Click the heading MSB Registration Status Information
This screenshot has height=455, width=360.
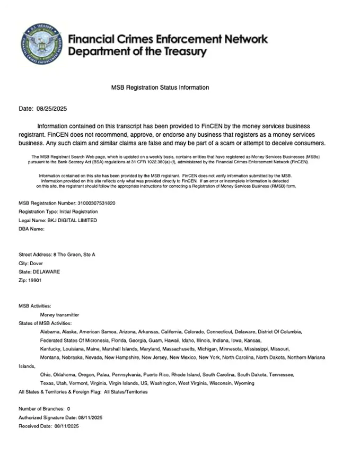(160, 87)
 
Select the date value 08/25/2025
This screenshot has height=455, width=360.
(51, 109)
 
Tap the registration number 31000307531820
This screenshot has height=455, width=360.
(96, 203)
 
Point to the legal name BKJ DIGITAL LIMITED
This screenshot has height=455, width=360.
(72, 220)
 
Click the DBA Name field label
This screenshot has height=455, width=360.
(31, 229)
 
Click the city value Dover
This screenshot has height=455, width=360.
(37, 264)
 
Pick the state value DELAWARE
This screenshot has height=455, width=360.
(46, 272)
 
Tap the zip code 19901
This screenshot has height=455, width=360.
(35, 281)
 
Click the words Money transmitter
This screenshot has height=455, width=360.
(59, 314)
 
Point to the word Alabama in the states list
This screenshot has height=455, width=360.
(49, 331)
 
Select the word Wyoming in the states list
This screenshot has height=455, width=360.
(244, 383)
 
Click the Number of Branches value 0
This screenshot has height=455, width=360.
(69, 409)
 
